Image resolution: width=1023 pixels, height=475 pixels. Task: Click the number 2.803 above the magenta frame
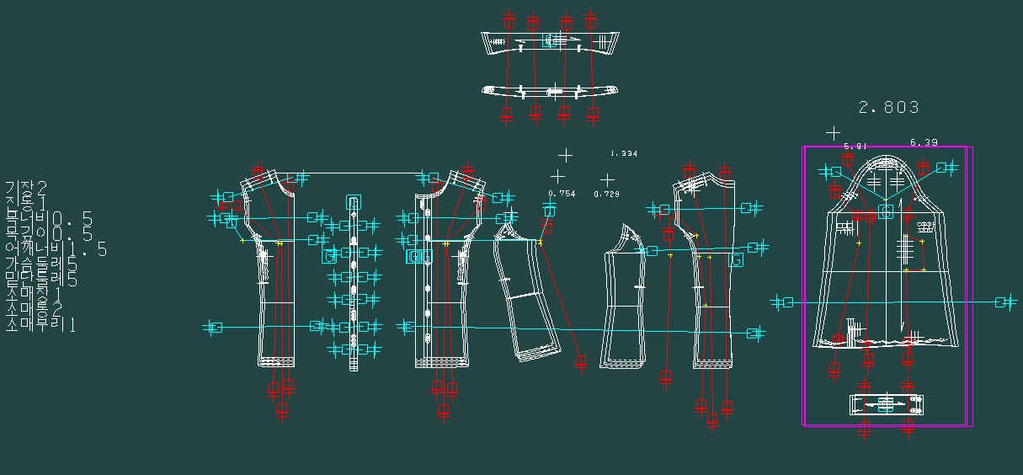[x=888, y=108]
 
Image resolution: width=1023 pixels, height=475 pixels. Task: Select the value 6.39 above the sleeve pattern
[x=924, y=143]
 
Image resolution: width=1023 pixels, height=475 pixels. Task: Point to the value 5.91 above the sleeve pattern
[x=855, y=146]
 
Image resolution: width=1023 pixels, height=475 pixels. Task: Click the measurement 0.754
[x=562, y=194]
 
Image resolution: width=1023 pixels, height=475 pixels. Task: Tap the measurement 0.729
[x=606, y=195]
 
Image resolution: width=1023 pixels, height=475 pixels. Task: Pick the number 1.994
[x=624, y=154]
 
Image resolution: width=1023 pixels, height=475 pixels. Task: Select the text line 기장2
[x=26, y=187]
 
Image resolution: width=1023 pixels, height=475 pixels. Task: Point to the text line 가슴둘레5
[x=42, y=264]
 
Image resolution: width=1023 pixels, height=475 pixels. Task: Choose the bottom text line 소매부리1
[x=40, y=324]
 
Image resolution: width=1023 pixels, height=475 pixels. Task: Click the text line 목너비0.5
[x=49, y=219]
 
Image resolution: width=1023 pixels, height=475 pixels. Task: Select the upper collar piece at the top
[x=547, y=42]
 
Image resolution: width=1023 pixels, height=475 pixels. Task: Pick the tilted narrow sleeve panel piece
[x=528, y=295]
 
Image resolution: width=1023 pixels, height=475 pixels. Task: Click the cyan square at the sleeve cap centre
[x=886, y=212]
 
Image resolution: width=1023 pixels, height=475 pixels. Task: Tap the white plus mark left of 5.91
[x=833, y=133]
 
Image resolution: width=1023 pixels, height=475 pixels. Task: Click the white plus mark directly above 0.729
[x=607, y=179]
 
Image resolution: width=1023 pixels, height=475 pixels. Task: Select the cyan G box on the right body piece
[x=736, y=261]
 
